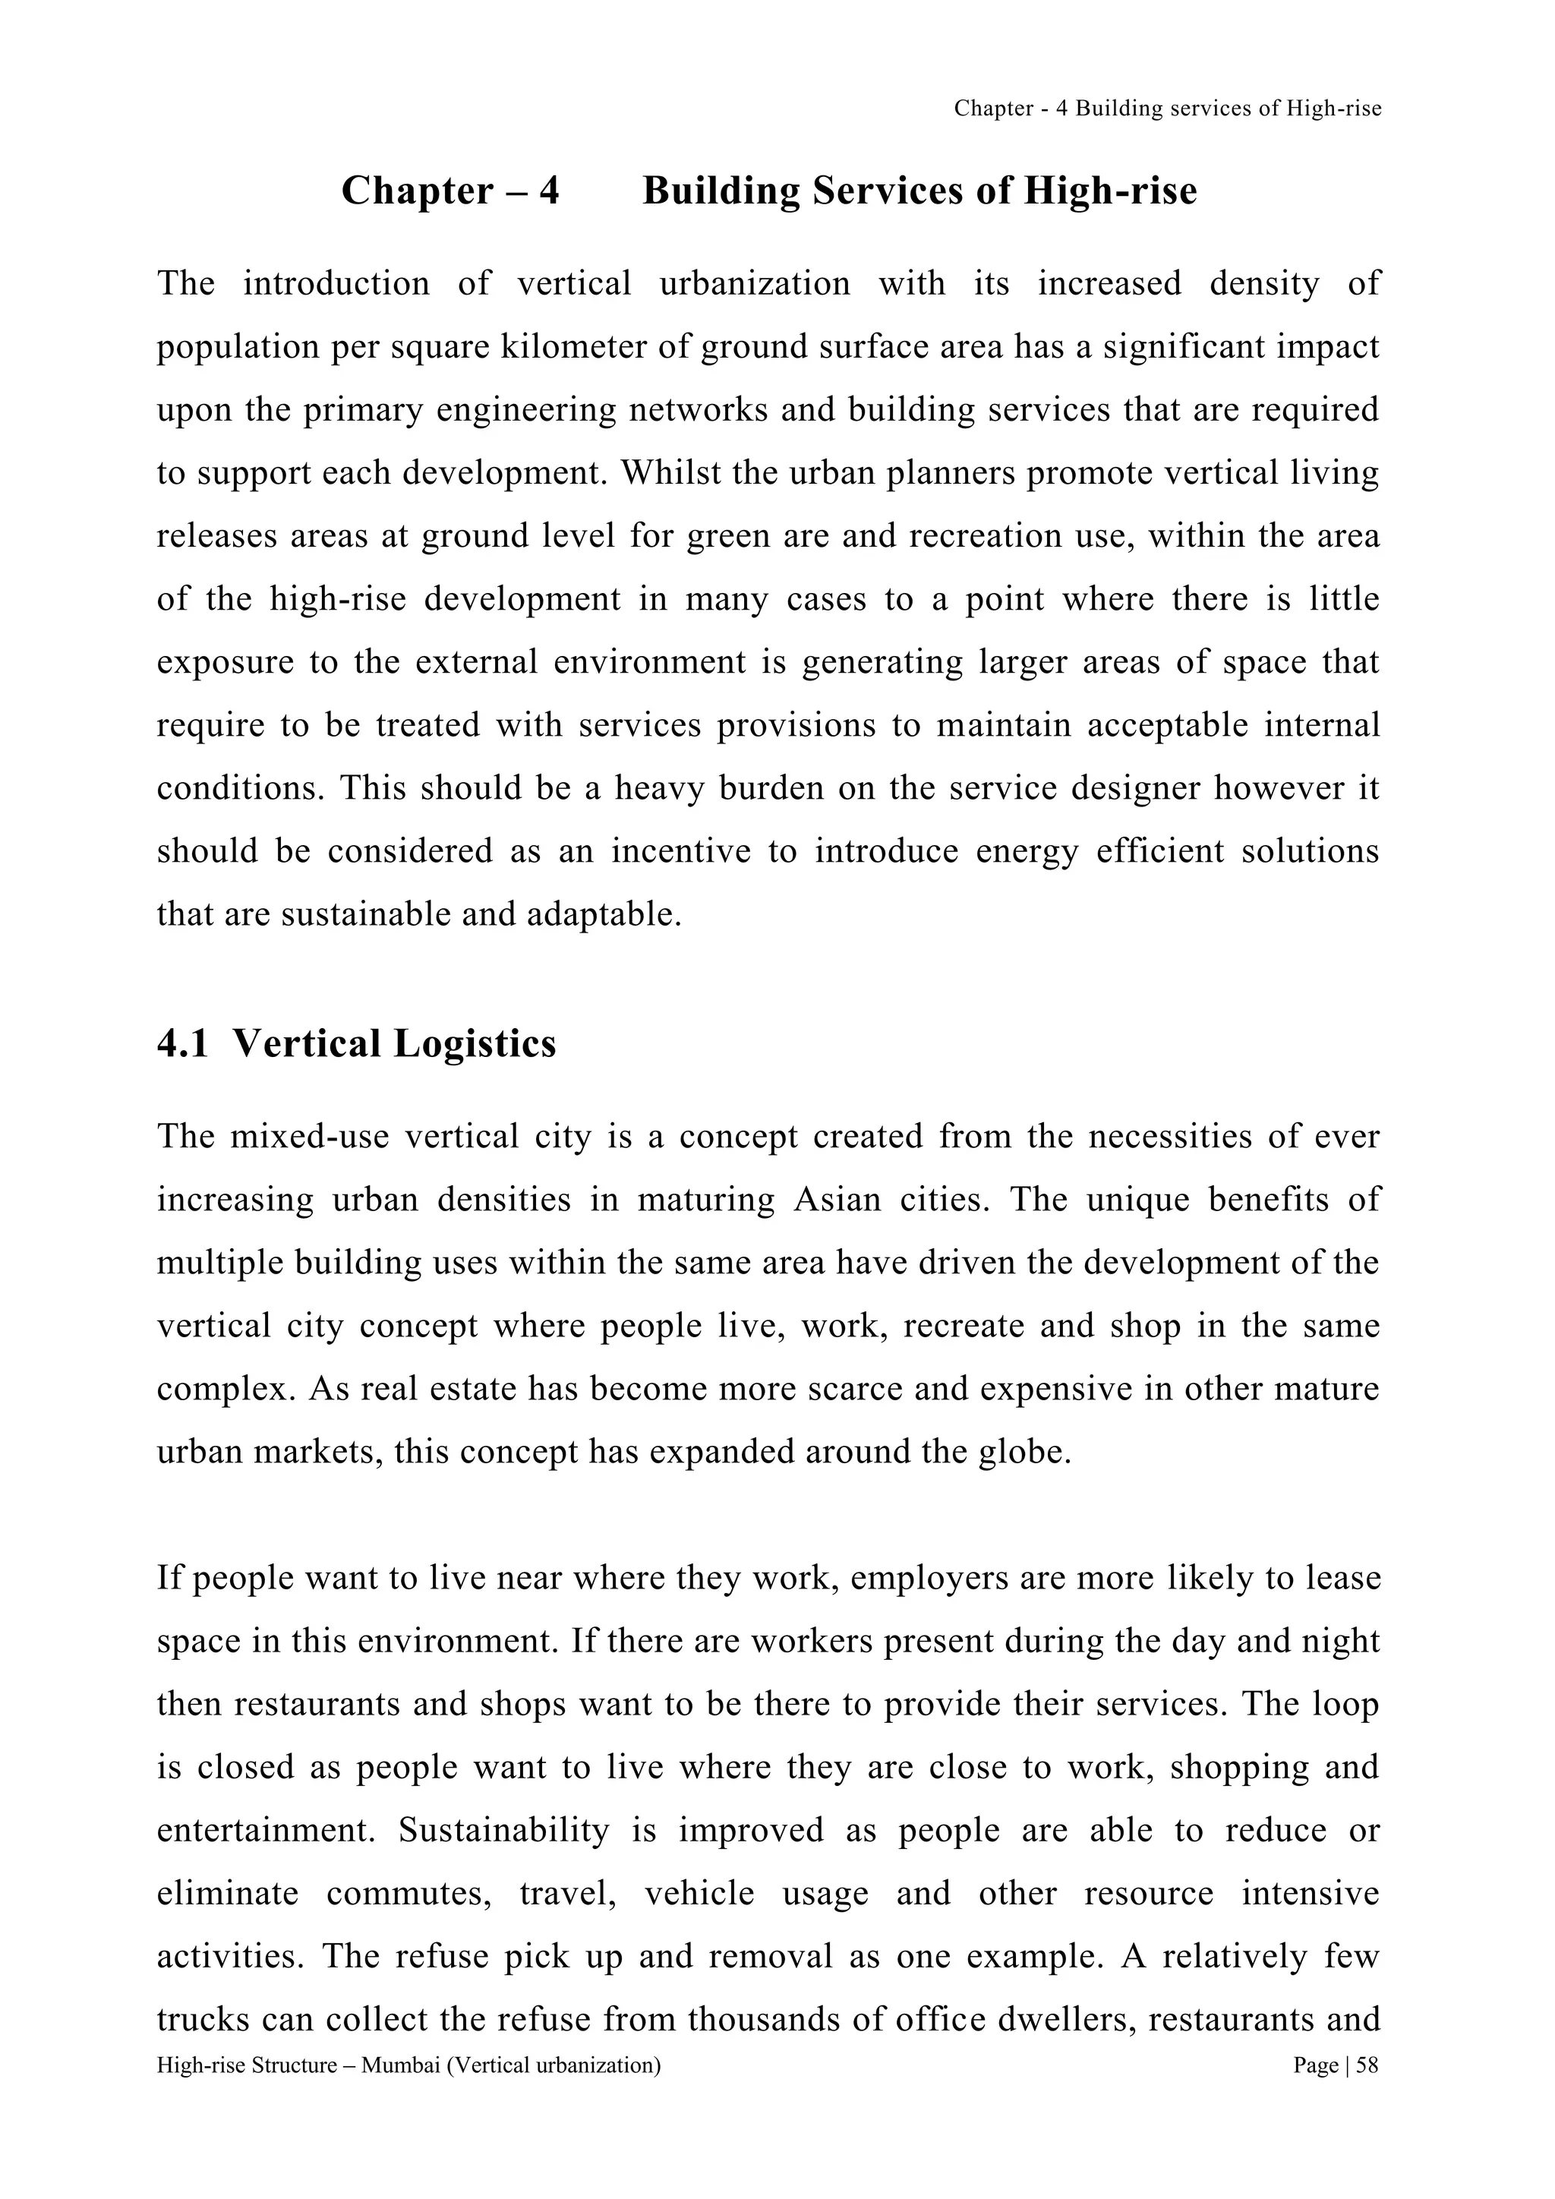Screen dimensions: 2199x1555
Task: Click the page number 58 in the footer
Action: click(1367, 2065)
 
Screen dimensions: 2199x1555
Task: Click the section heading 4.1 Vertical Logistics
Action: click(356, 1043)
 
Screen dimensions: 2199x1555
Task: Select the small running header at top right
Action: click(1167, 109)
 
